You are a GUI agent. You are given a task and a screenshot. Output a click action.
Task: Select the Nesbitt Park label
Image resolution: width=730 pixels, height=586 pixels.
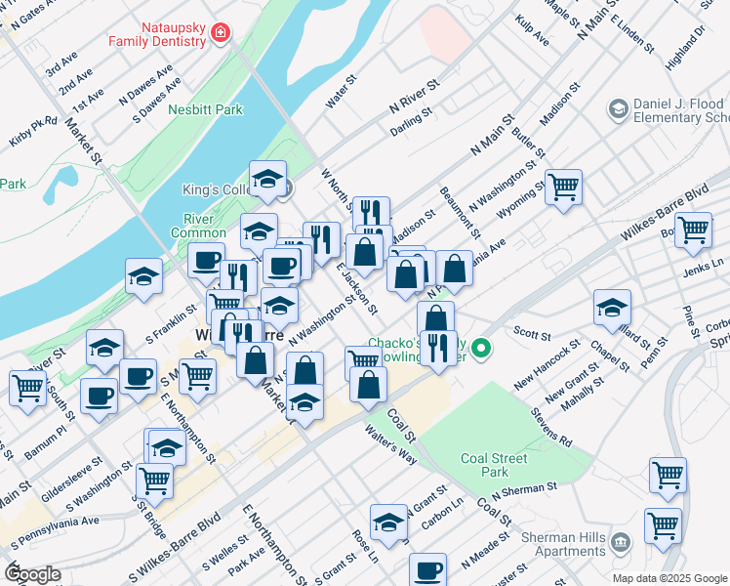(206, 110)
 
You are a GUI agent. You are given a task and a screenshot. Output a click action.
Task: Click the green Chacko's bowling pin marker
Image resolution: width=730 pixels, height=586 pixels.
(480, 348)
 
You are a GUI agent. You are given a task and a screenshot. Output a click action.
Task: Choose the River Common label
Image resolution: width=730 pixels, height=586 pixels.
(198, 226)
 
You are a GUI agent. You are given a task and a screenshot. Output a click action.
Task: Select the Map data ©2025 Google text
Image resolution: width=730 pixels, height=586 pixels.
(669, 578)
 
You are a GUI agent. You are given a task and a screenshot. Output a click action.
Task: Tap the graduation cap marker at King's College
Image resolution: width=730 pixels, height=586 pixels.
(267, 179)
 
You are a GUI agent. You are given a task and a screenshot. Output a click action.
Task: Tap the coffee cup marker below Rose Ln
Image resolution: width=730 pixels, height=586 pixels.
(426, 569)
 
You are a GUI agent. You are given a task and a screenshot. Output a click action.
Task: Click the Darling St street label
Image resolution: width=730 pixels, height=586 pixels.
(411, 122)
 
